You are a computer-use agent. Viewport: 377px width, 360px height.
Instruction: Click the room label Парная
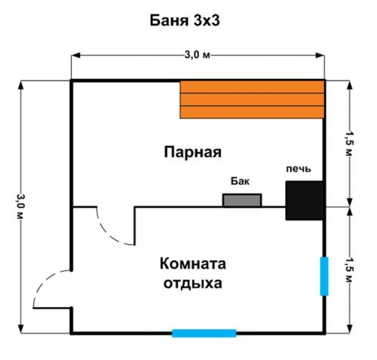click(192, 152)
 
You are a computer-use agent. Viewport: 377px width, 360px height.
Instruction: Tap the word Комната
click(192, 264)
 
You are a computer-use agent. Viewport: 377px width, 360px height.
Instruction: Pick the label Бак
click(239, 182)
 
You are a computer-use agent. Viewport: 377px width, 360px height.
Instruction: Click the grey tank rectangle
click(241, 200)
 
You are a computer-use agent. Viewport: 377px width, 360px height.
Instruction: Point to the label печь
click(297, 168)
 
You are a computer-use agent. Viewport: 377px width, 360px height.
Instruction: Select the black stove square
click(305, 200)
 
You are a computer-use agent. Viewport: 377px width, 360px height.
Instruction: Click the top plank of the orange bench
click(252, 87)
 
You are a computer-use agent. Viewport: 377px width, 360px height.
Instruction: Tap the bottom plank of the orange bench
click(252, 112)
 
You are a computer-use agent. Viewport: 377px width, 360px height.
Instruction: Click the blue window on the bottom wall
click(204, 332)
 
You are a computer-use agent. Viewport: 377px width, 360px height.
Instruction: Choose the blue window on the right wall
click(324, 276)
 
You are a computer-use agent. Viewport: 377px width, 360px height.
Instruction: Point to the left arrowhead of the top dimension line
click(76, 55)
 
